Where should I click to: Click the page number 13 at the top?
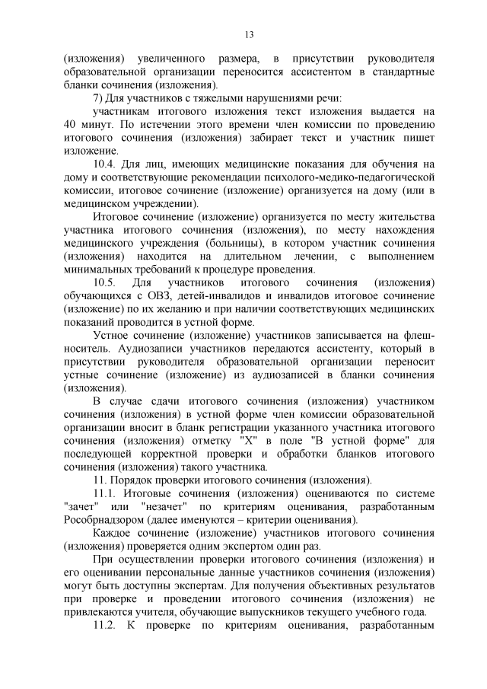point(249,34)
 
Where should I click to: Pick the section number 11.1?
point(104,494)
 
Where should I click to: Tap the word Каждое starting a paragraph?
point(111,534)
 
